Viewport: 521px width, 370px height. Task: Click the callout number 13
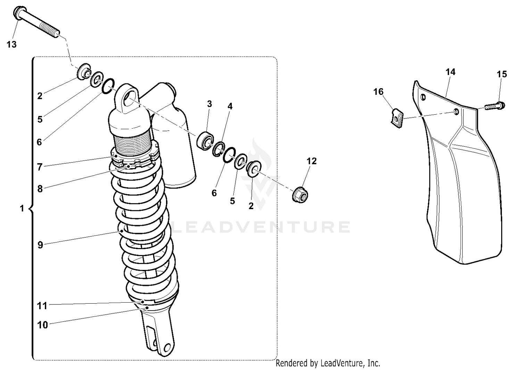tap(11, 44)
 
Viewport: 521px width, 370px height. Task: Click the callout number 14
tap(450, 72)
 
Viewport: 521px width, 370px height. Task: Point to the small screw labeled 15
tap(495, 106)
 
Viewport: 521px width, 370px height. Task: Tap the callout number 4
tap(230, 106)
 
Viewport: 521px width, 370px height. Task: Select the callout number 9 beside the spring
tap(40, 245)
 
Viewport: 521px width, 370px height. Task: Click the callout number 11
tap(42, 306)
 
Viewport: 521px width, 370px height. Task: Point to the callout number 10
tap(42, 325)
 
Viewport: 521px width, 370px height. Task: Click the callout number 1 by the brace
tap(22, 209)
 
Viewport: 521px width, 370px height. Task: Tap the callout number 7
tap(40, 167)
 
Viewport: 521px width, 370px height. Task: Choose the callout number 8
tap(40, 189)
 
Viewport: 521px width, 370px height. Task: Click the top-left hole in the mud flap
tap(423, 97)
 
